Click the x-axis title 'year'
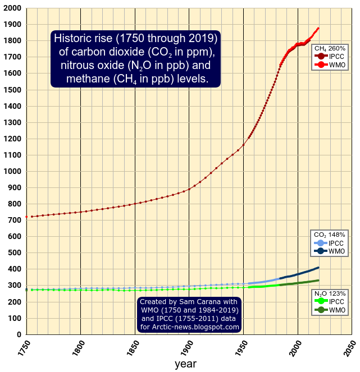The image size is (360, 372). coord(185,364)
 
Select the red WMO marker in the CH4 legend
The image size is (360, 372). coord(321,66)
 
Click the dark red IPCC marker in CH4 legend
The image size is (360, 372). coord(321,57)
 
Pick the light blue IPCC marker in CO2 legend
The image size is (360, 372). coord(321,243)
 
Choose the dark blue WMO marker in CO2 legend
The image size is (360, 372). coord(321,252)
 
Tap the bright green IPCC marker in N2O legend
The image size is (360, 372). coord(321,301)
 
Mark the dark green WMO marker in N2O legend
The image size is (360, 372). coord(321,310)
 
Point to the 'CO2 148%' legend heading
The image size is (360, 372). coord(329,235)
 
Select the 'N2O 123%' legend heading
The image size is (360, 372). coord(329,293)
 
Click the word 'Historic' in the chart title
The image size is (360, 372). coord(72,39)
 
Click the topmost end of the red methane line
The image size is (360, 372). coord(318,28)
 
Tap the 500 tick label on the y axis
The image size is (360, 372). coord(15,253)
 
